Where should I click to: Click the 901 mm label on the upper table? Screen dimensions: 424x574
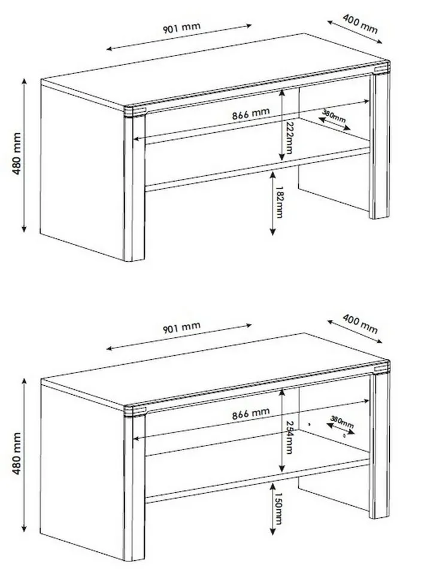click(182, 28)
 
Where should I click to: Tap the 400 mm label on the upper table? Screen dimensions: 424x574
click(360, 24)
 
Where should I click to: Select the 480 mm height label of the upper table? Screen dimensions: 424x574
click(17, 154)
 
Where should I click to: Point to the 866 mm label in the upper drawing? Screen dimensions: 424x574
click(251, 114)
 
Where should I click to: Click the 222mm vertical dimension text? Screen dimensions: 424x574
click(290, 138)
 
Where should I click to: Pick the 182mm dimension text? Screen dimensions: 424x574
click(279, 203)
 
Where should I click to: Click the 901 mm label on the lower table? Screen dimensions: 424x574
click(182, 328)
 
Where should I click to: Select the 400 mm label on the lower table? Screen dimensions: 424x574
click(360, 323)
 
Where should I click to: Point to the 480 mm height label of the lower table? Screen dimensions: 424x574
click(17, 453)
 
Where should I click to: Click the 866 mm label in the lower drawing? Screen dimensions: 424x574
click(251, 413)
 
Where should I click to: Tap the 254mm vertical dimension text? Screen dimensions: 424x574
click(289, 437)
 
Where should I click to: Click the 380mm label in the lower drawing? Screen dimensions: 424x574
click(342, 422)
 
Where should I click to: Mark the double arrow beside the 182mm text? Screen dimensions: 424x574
click(272, 203)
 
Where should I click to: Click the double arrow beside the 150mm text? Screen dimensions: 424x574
click(272, 509)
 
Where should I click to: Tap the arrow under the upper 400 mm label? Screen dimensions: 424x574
click(355, 32)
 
